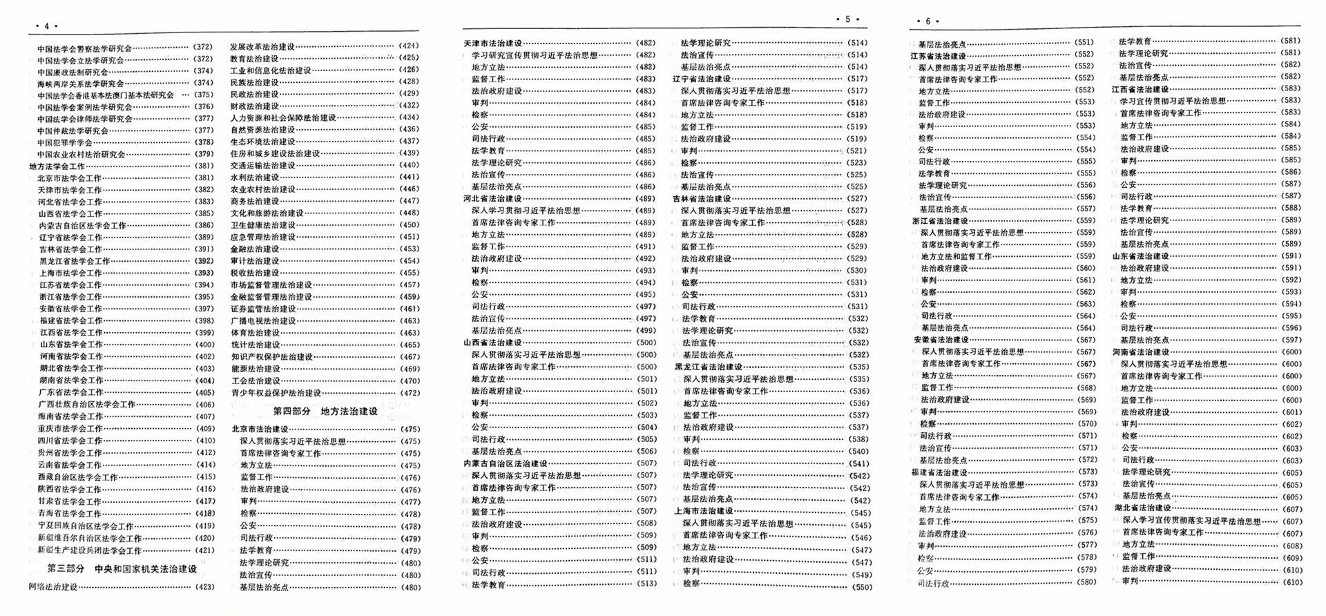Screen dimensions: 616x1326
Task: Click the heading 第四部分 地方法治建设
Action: [325, 411]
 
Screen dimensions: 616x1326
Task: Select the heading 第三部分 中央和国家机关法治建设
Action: [122, 569]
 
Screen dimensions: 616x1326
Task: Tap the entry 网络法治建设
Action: [53, 587]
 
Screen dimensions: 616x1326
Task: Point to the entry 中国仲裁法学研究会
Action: [73, 131]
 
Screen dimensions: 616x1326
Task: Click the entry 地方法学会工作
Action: [57, 166]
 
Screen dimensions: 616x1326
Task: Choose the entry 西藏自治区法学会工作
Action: [78, 477]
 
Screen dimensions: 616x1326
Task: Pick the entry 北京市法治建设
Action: [260, 429]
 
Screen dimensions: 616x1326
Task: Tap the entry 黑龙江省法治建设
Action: [709, 367]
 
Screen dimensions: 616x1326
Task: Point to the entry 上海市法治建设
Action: [704, 512]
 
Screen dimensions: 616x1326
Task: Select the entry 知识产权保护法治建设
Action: [271, 357]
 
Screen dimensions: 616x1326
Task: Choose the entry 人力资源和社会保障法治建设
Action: [283, 118]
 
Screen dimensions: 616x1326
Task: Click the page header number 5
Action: [847, 19]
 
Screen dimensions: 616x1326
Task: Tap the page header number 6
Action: [928, 21]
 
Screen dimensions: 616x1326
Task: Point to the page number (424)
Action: [409, 46]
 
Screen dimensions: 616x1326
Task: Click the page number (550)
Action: [862, 587]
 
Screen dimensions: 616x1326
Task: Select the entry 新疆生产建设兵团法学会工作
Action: [90, 550]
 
